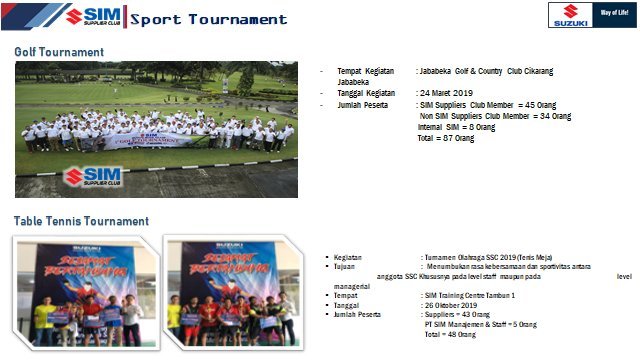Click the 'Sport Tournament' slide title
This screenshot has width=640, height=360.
[x=208, y=19]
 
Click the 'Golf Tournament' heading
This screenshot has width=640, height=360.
[x=59, y=52]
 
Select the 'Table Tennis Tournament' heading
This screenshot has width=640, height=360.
[x=81, y=221]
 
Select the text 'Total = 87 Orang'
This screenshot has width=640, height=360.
[x=445, y=138]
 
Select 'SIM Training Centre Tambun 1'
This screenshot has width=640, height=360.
[x=470, y=295]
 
